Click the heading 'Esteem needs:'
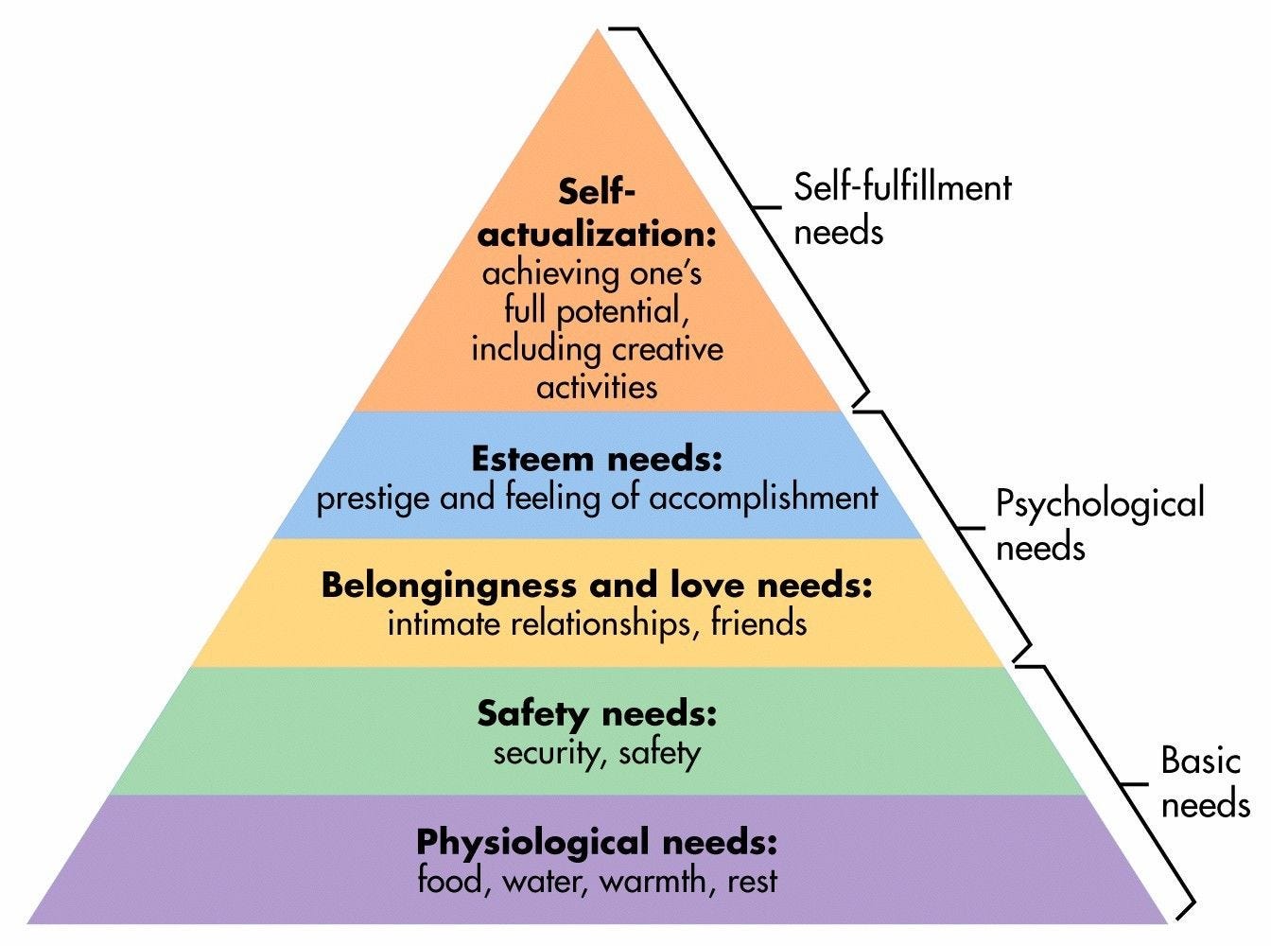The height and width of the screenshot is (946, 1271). point(597,460)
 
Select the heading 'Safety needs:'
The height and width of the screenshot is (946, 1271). point(597,713)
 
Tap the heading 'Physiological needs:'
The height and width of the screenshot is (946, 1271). point(597,841)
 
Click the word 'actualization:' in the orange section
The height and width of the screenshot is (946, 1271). point(597,234)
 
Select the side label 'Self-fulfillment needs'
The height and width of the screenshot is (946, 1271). point(901,209)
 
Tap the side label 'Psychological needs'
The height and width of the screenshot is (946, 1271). point(1100,525)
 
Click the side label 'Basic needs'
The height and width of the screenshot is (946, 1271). point(1204,782)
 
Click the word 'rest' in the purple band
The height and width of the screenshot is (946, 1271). point(753,882)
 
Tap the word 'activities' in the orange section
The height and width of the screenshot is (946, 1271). point(597,387)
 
